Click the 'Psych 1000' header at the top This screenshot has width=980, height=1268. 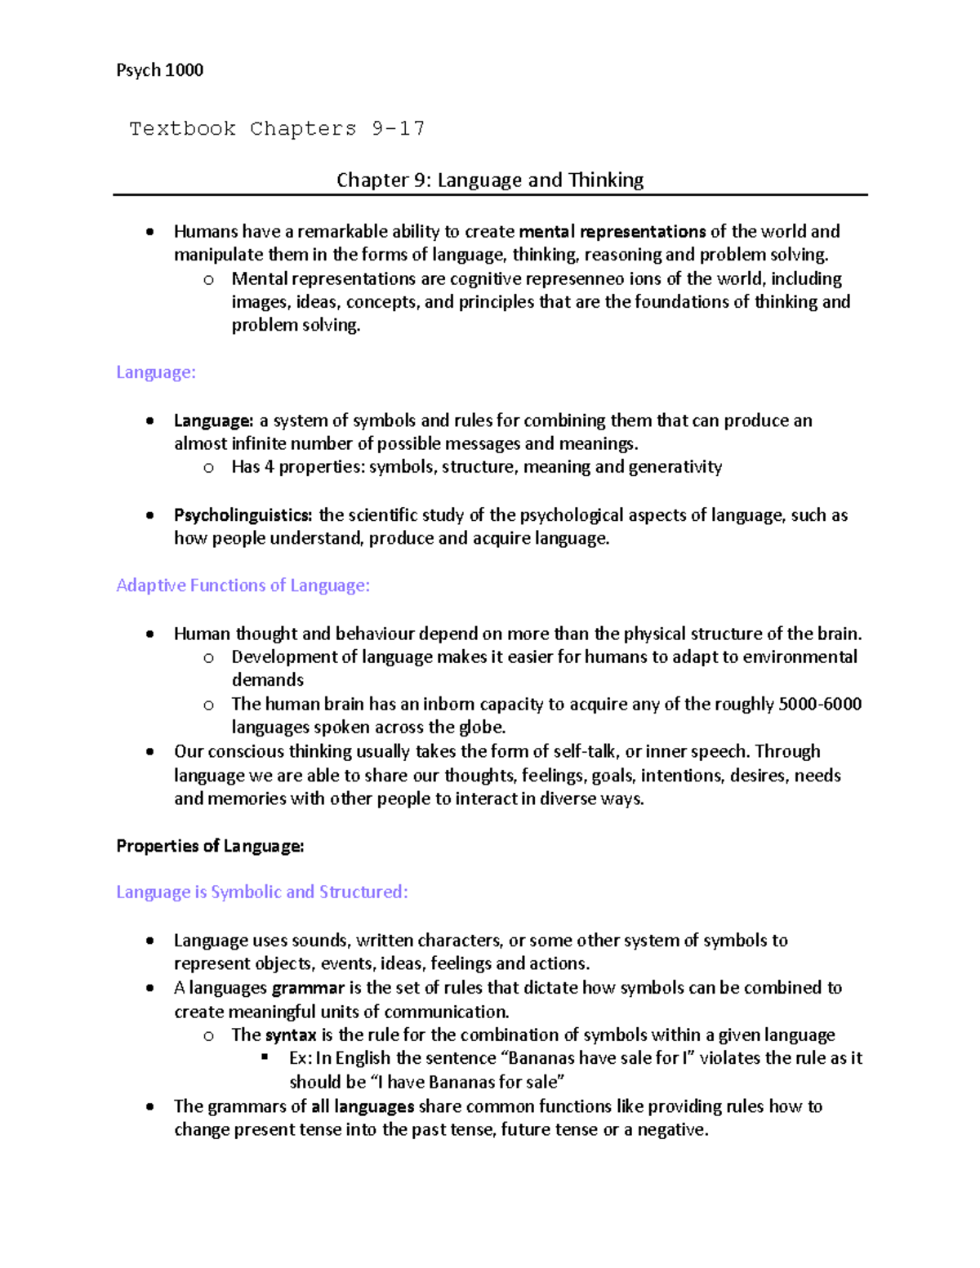[x=159, y=70]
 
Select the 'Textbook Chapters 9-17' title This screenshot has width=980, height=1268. [x=277, y=129]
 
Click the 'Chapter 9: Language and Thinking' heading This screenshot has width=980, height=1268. [x=490, y=180]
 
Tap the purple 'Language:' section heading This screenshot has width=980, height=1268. [x=156, y=372]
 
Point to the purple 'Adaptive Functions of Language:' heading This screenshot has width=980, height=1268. [x=243, y=585]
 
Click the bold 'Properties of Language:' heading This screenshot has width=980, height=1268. [x=210, y=846]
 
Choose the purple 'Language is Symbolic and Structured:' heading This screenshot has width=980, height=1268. [x=261, y=892]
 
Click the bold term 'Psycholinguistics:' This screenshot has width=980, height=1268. [x=243, y=515]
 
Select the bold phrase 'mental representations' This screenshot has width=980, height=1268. [x=612, y=231]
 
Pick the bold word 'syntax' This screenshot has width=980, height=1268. [x=291, y=1035]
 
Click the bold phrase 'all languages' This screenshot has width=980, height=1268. [x=363, y=1106]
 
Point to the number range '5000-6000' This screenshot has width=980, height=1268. [x=820, y=704]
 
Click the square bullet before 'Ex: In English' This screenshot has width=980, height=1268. [x=265, y=1057]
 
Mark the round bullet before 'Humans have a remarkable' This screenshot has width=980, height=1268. [x=149, y=232]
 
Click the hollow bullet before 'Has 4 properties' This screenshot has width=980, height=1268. [x=208, y=468]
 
